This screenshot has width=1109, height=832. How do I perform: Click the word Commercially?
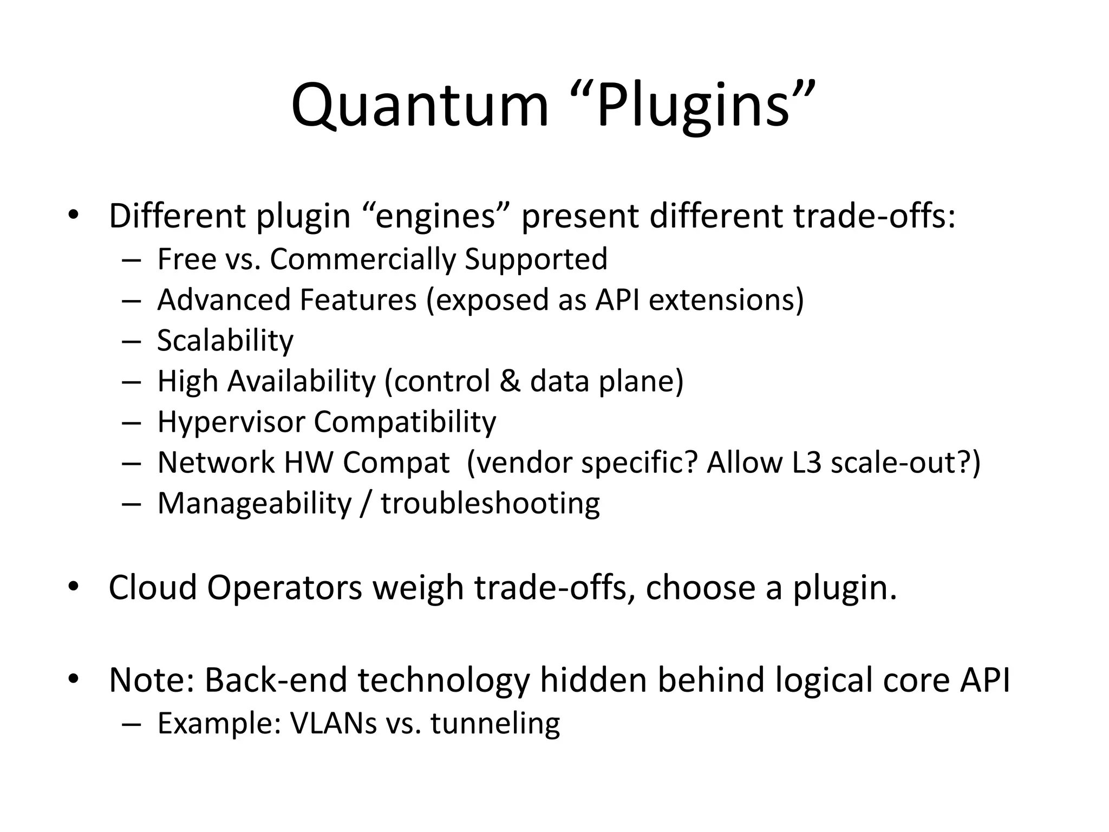[x=363, y=259]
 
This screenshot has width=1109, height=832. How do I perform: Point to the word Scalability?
[x=225, y=341]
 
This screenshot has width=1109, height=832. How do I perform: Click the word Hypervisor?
[x=231, y=422]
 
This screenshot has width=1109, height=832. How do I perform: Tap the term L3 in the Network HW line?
[x=807, y=463]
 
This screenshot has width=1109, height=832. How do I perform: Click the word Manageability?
[x=254, y=503]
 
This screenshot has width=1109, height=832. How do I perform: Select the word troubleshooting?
[x=490, y=503]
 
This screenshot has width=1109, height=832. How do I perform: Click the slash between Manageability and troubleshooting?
[x=366, y=503]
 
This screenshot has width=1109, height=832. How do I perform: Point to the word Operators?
[x=284, y=587]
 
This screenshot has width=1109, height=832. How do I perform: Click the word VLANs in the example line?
[x=333, y=723]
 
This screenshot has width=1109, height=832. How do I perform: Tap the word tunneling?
[x=495, y=723]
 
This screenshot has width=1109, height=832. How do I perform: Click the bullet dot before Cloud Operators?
[x=74, y=587]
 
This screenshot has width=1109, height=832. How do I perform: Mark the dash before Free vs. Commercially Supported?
[x=131, y=259]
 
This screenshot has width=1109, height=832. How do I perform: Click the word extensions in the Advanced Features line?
[x=726, y=300]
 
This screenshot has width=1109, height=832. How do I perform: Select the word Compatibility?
[x=405, y=422]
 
